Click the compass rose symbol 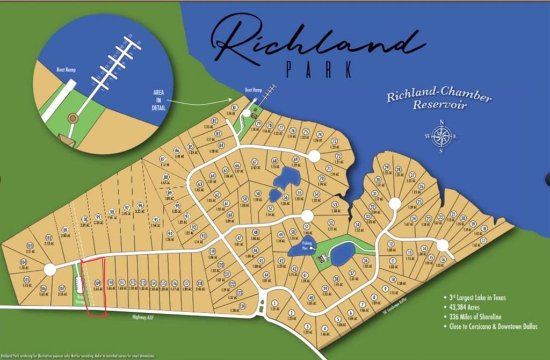coord(442,136)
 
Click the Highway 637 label coord(143,318)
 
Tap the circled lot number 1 coord(274,304)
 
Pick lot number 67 coord(255,162)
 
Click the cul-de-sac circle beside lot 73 coord(314,156)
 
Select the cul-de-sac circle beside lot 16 coord(443,245)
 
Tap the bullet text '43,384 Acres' coord(467,306)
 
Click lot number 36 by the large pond coord(365,260)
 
